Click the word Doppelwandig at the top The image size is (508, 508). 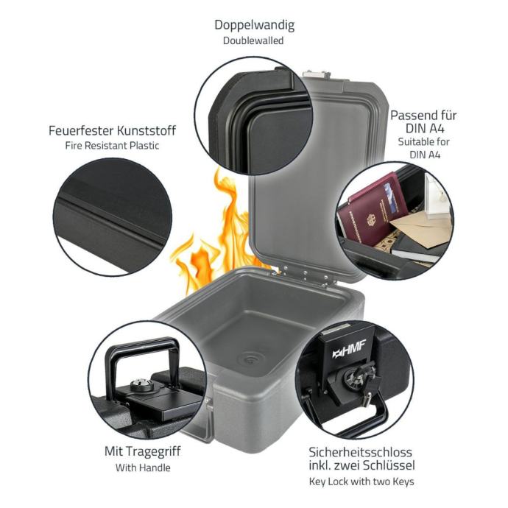[x=254, y=25]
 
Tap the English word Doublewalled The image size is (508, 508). [x=253, y=40]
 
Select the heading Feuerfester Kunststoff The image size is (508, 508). [x=112, y=130]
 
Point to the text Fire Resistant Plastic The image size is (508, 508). [x=112, y=146]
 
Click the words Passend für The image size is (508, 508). [x=423, y=116]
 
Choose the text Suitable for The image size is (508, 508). [x=424, y=142]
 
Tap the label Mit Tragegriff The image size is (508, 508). [x=143, y=451]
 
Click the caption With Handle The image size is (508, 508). [x=143, y=468]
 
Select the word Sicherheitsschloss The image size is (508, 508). [x=360, y=451]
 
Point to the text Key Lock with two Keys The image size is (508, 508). [x=361, y=481]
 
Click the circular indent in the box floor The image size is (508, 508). [x=250, y=359]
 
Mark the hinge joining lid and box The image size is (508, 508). [x=304, y=275]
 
